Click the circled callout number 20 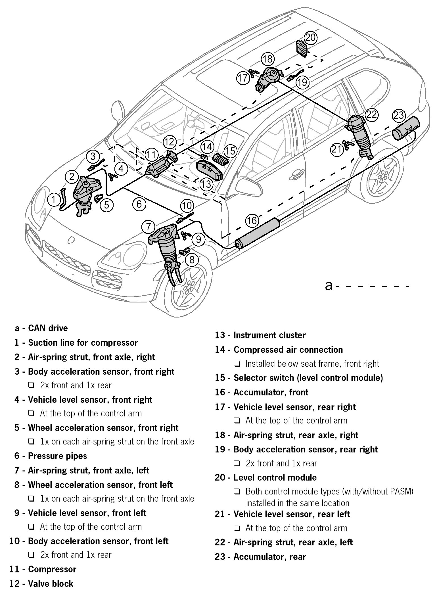pos(310,37)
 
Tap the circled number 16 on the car pos(252,220)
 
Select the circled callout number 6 pos(139,204)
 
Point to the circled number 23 pos(399,115)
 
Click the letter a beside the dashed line pos(329,285)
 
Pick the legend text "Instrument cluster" pos(269,335)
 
